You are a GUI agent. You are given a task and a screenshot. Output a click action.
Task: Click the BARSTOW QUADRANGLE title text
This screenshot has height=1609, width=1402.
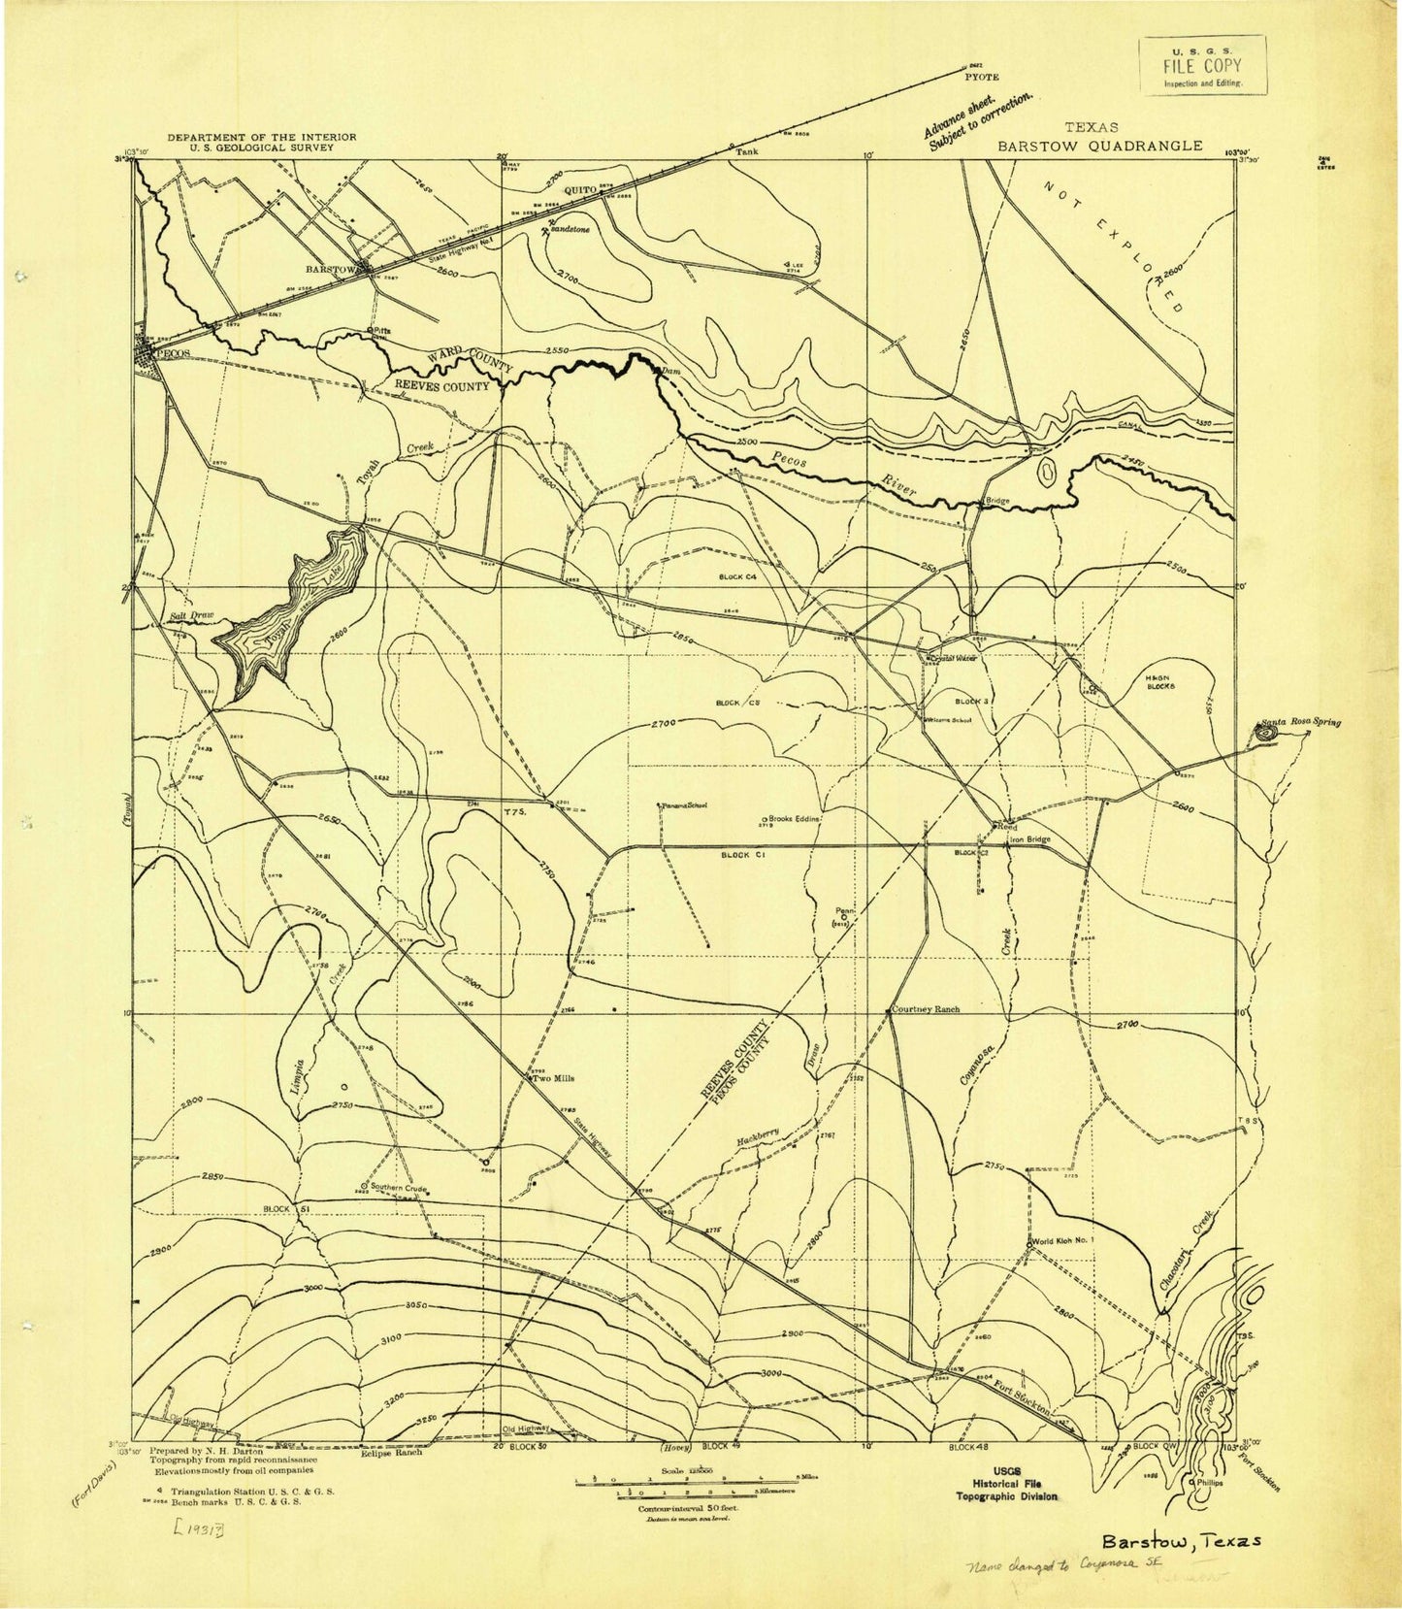[1100, 146]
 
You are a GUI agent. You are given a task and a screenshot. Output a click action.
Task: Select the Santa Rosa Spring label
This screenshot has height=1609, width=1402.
[1301, 722]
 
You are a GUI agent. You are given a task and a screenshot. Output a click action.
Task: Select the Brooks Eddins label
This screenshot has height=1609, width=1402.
[797, 819]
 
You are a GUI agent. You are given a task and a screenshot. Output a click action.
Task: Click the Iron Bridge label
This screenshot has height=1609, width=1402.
[1030, 839]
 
